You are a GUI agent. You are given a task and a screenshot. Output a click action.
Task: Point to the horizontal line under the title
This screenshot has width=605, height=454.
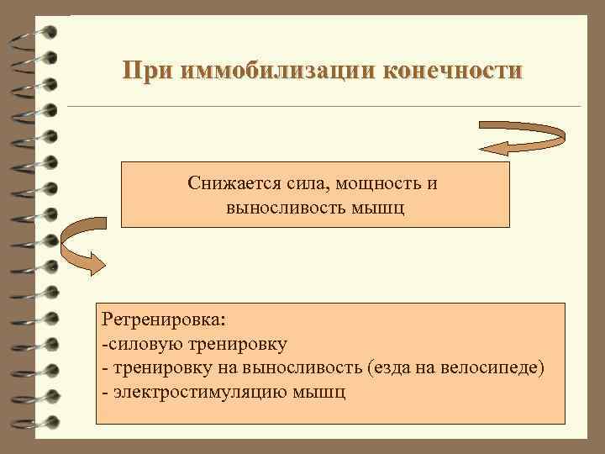[x=324, y=107]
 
